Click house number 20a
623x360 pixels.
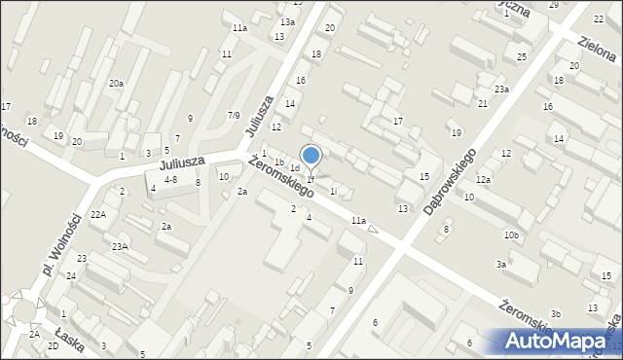point(116,84)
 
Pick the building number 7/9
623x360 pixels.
point(234,116)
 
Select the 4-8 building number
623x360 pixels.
point(170,180)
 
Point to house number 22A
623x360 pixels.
point(98,214)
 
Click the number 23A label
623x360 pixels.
point(120,247)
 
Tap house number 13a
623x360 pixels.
point(287,21)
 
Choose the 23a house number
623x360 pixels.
point(501,89)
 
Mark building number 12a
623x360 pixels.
point(483,180)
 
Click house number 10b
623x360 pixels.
point(511,235)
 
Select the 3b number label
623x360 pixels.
point(556,313)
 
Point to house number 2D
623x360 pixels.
point(53,345)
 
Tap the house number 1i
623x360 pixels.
point(333,192)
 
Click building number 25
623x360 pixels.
point(522,57)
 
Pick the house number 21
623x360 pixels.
point(483,103)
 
